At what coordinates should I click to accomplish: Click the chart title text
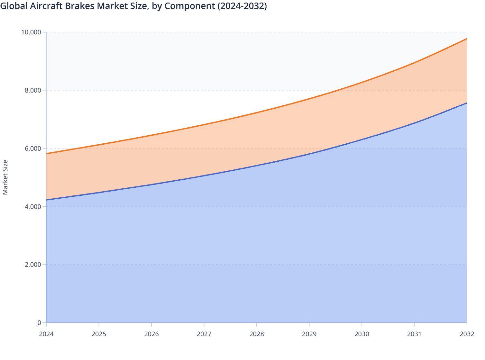tap(133, 6)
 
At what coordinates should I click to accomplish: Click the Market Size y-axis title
tap(5, 177)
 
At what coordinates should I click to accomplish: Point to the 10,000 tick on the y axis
tap(31, 32)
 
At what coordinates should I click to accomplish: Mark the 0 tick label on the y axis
tap(39, 323)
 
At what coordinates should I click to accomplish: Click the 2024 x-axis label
tap(46, 334)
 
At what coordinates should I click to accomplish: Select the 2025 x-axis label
tap(99, 334)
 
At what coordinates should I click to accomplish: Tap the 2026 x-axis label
tap(151, 334)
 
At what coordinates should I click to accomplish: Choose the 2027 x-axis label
tap(204, 334)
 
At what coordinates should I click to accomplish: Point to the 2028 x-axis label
tap(257, 334)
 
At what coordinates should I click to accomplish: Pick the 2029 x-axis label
tap(309, 334)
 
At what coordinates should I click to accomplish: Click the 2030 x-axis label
tap(362, 334)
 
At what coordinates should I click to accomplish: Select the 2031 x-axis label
tap(414, 334)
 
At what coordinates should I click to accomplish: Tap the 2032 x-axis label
tap(467, 334)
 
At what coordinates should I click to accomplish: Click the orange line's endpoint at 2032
tap(467, 39)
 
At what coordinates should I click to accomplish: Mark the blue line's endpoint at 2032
tap(467, 103)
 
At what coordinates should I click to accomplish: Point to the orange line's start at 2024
tap(47, 154)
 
